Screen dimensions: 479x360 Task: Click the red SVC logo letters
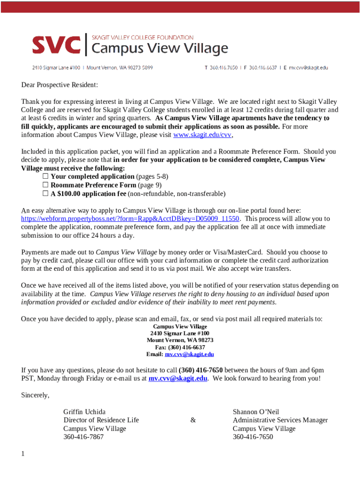[x=56, y=45]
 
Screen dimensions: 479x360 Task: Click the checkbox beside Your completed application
[x=45, y=177]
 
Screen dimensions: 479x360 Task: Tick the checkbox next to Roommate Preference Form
[x=45, y=185]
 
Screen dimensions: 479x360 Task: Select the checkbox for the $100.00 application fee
[x=45, y=194]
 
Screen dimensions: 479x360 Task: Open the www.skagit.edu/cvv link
[x=202, y=135]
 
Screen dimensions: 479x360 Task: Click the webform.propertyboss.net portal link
[x=130, y=218]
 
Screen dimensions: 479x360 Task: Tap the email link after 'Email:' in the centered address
[x=189, y=355]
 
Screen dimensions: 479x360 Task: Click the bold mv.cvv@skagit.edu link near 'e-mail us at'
[x=178, y=378]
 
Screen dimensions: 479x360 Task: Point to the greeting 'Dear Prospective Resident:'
[x=60, y=85]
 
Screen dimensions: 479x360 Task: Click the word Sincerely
[x=35, y=395]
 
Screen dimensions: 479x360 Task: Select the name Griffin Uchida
[x=84, y=412]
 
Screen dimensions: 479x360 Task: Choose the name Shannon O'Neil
[x=256, y=412]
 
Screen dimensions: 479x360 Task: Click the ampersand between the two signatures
[x=193, y=421]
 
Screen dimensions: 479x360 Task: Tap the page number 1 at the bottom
[x=22, y=454]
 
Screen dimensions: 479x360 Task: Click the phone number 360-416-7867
[x=83, y=437]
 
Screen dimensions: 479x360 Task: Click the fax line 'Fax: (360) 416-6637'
[x=180, y=348]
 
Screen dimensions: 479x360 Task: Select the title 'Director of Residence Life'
[x=101, y=420]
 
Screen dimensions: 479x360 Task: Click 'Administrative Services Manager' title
[x=280, y=420]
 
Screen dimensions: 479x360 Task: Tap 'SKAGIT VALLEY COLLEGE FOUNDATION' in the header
[x=142, y=37]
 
